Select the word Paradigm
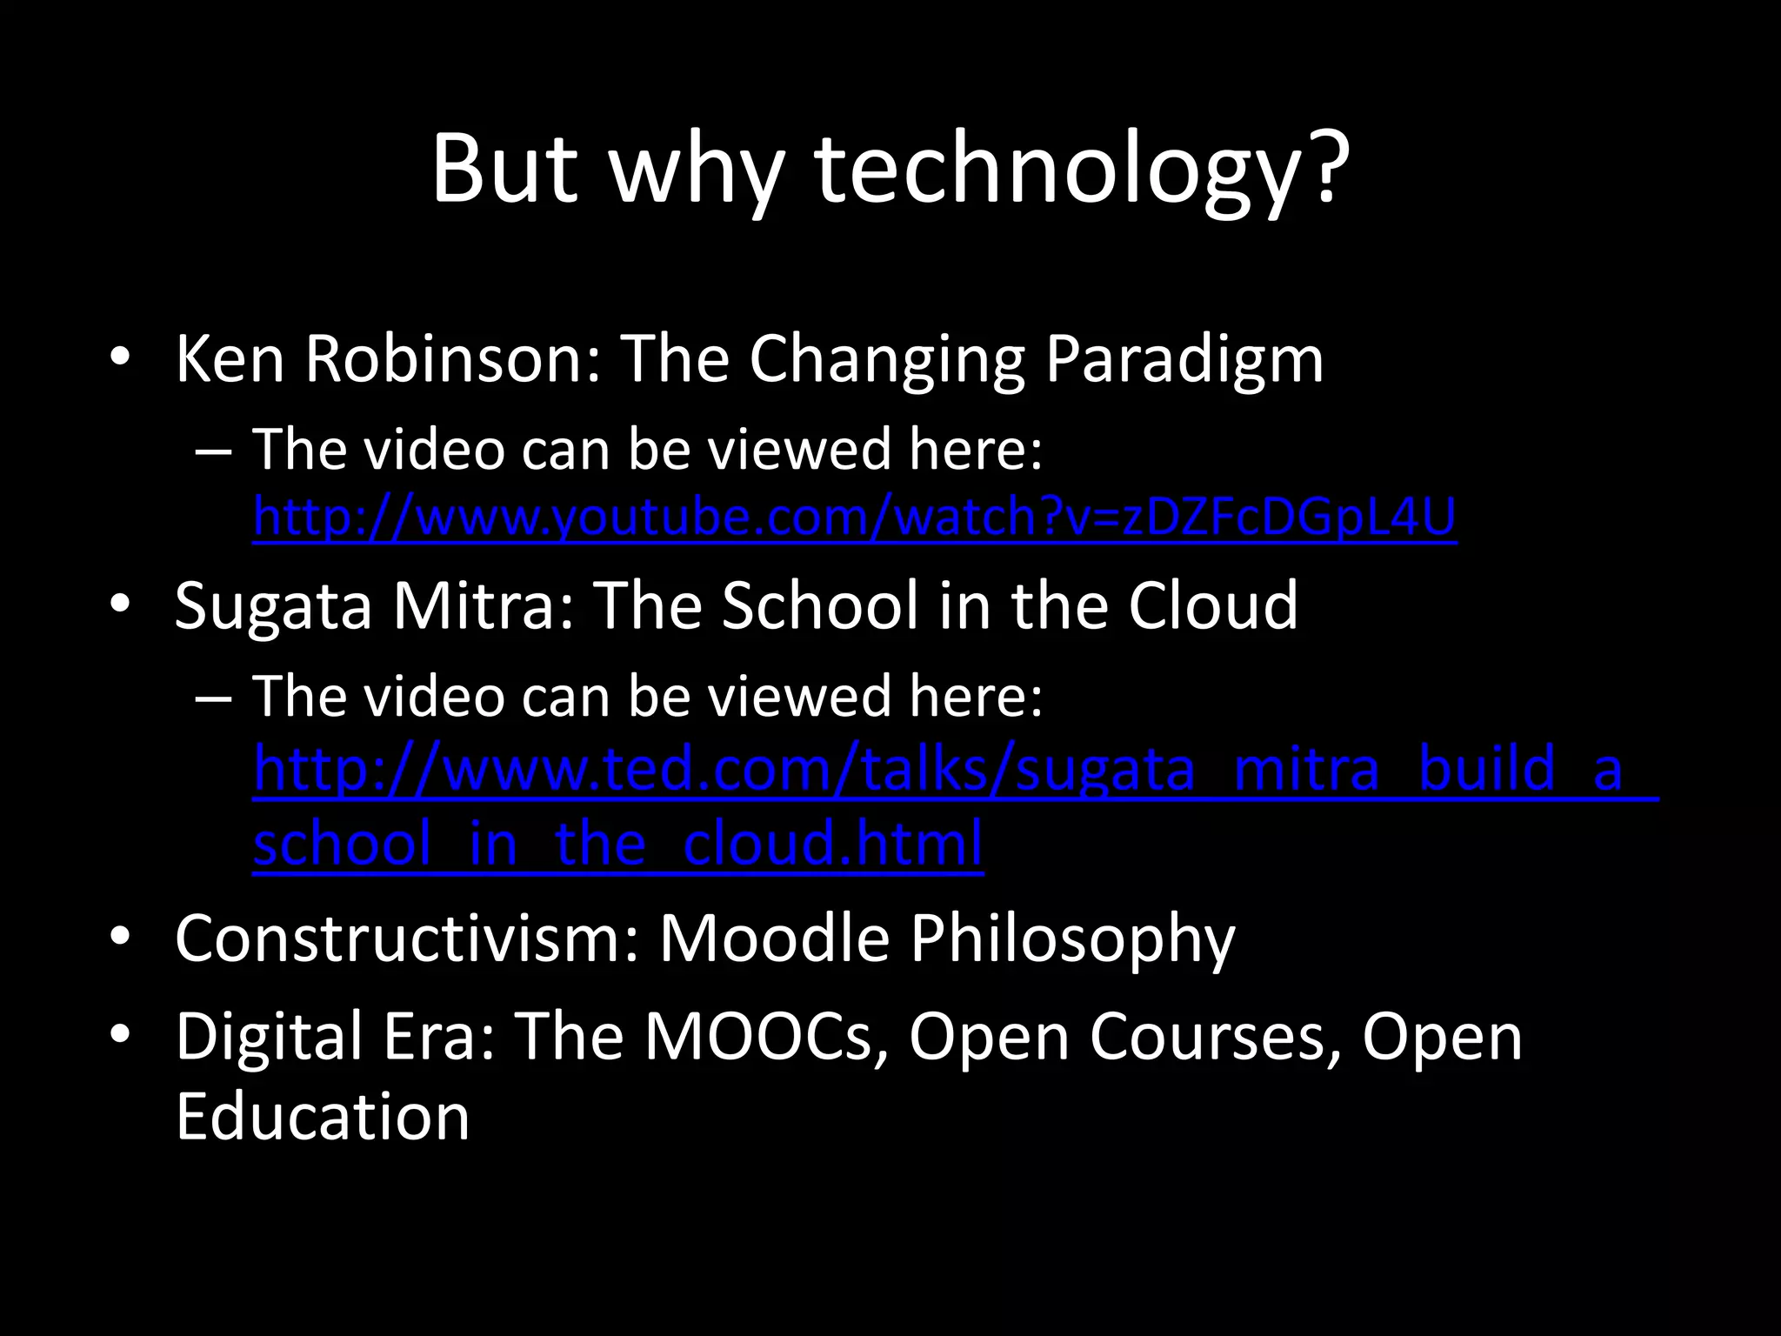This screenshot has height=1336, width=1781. (1184, 360)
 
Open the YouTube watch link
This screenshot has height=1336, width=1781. (854, 518)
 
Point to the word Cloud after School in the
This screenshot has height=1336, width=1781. (1212, 605)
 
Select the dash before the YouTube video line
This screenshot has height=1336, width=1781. (213, 451)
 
